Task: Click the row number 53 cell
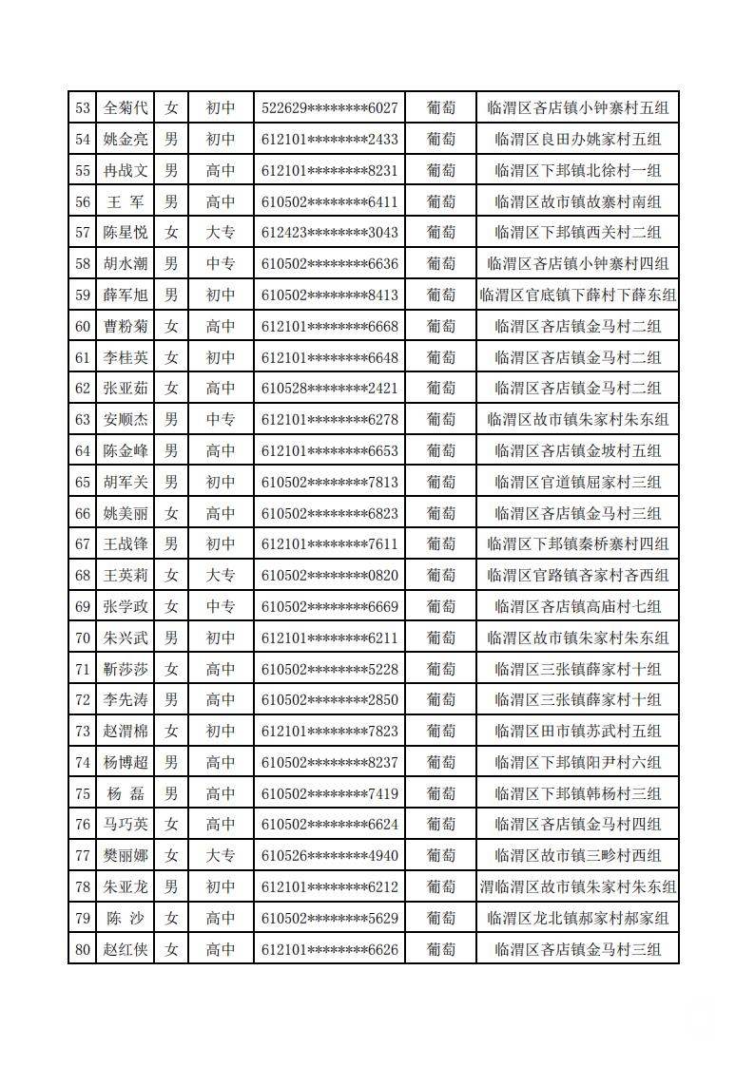[83, 108]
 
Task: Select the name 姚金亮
[126, 140]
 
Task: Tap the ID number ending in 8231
[329, 171]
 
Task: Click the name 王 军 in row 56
[126, 201]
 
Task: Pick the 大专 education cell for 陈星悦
[221, 233]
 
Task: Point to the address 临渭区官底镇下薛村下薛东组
[577, 295]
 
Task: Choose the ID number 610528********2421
[329, 389]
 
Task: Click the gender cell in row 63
[171, 420]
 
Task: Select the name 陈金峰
[126, 451]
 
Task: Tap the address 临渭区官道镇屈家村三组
[577, 483]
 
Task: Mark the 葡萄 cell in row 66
[440, 513]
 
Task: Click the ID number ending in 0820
[329, 576]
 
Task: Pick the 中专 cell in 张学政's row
[221, 607]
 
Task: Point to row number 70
[83, 638]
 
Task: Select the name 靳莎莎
[126, 670]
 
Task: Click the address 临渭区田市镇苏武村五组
[577, 732]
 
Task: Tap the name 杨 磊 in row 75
[126, 794]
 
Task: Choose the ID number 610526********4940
[329, 856]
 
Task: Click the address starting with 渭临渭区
[577, 887]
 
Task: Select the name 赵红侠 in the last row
[126, 949]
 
